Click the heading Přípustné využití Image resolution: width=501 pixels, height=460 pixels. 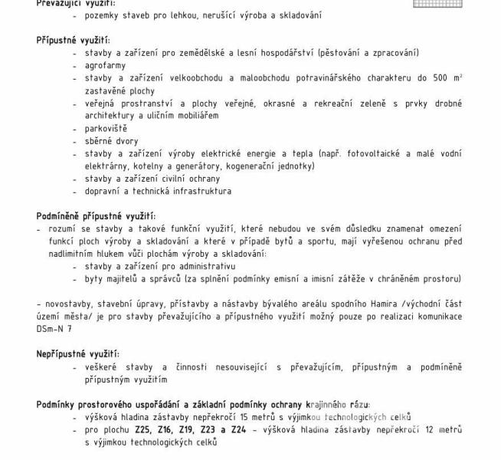73,39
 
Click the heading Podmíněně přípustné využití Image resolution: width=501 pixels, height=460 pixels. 96,216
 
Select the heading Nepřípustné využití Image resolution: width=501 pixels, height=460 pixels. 77,353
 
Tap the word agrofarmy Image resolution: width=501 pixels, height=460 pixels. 105,65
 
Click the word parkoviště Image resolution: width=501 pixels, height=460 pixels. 106,128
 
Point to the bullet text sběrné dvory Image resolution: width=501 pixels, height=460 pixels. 112,141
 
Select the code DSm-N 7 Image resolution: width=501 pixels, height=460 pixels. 54,328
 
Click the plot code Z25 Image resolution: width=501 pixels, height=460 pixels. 142,430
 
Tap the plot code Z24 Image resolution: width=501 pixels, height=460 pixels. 237,430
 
